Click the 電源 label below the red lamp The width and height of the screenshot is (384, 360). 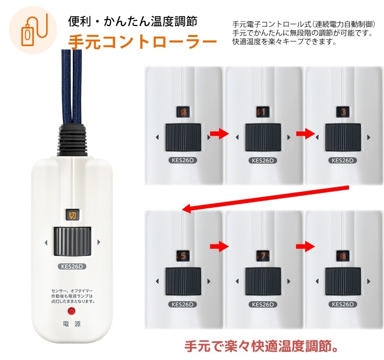pos(72,324)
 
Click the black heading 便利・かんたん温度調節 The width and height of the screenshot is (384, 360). pos(132,22)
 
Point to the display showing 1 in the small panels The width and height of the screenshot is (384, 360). pos(264,112)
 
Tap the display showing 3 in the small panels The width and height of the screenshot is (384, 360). pos(343,112)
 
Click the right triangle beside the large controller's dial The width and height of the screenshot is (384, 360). pos(98,242)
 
